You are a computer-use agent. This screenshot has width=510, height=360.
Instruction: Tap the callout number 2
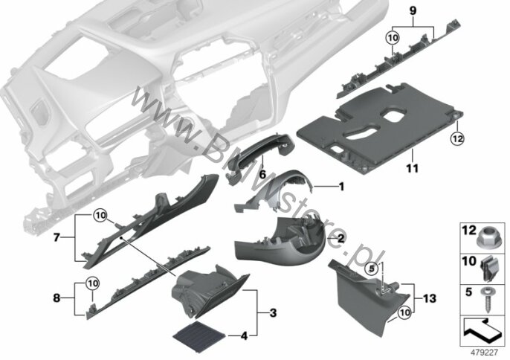[x=339, y=238]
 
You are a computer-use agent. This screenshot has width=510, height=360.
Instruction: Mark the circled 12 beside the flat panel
[x=456, y=137]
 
